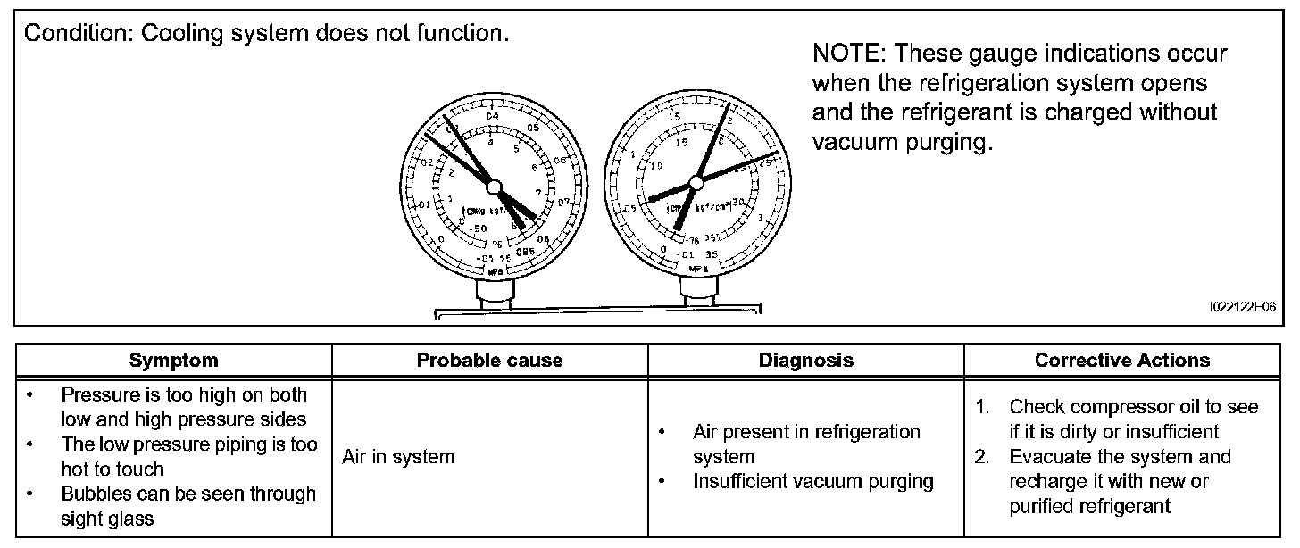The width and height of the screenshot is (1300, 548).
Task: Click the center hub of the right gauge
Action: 696,182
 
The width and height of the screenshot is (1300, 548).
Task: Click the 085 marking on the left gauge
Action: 524,251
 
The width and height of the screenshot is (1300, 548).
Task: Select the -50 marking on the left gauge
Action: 480,230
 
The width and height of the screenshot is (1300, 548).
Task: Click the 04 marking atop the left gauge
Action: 492,116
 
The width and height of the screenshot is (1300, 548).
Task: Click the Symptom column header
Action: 173,361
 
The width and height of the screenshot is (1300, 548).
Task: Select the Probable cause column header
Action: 489,361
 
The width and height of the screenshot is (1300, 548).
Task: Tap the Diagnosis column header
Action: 805,361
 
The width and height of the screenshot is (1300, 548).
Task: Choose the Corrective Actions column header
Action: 1122,361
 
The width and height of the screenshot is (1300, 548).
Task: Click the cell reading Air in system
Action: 398,457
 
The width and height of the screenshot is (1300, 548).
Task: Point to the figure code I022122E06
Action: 1242,306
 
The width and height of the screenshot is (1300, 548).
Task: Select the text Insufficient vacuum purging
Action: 813,482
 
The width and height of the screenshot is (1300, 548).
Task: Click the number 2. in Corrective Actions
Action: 983,457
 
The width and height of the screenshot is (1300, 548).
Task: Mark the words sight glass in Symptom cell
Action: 107,519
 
